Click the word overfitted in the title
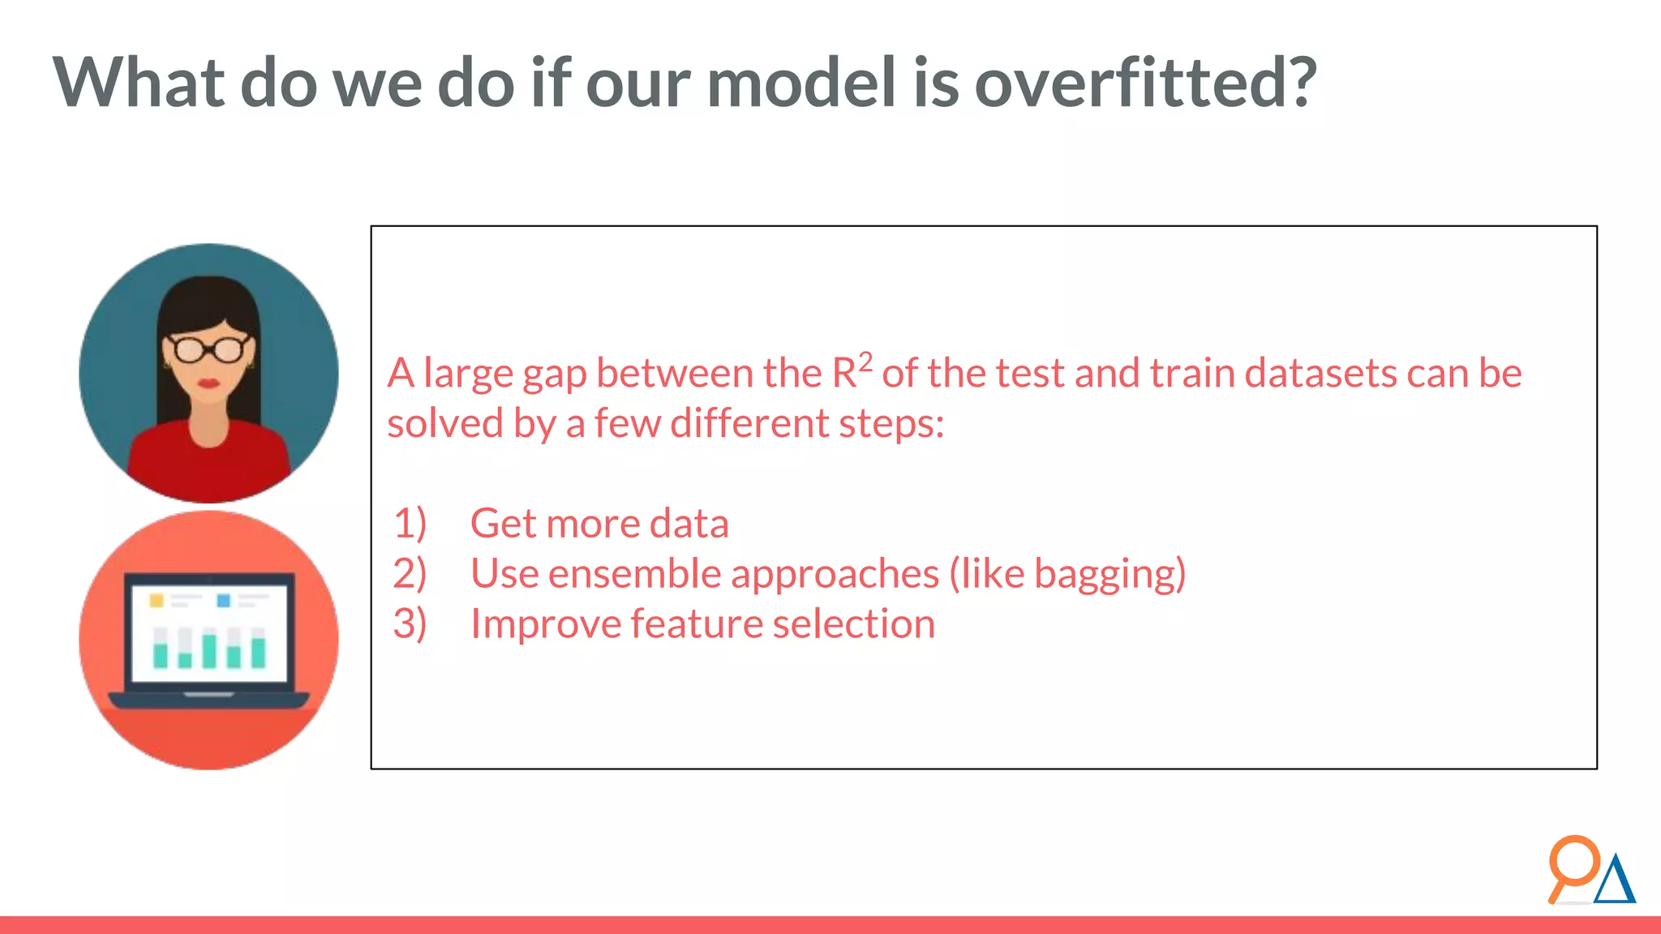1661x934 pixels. (x=1144, y=83)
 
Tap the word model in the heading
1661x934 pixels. (x=801, y=83)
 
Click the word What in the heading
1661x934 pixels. (x=139, y=83)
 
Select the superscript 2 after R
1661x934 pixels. (x=865, y=362)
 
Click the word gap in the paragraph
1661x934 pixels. (x=555, y=375)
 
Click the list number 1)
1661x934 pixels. (x=410, y=523)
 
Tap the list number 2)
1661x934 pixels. (x=410, y=573)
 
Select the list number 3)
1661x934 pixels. (x=410, y=623)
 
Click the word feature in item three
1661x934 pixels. (x=696, y=623)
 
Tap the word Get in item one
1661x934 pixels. (x=503, y=523)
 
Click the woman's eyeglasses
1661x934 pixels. (x=209, y=349)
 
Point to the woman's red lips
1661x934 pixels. (x=209, y=383)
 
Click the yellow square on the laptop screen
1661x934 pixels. (x=157, y=600)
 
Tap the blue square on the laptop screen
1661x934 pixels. (x=224, y=600)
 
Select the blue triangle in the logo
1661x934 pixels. (x=1615, y=882)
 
